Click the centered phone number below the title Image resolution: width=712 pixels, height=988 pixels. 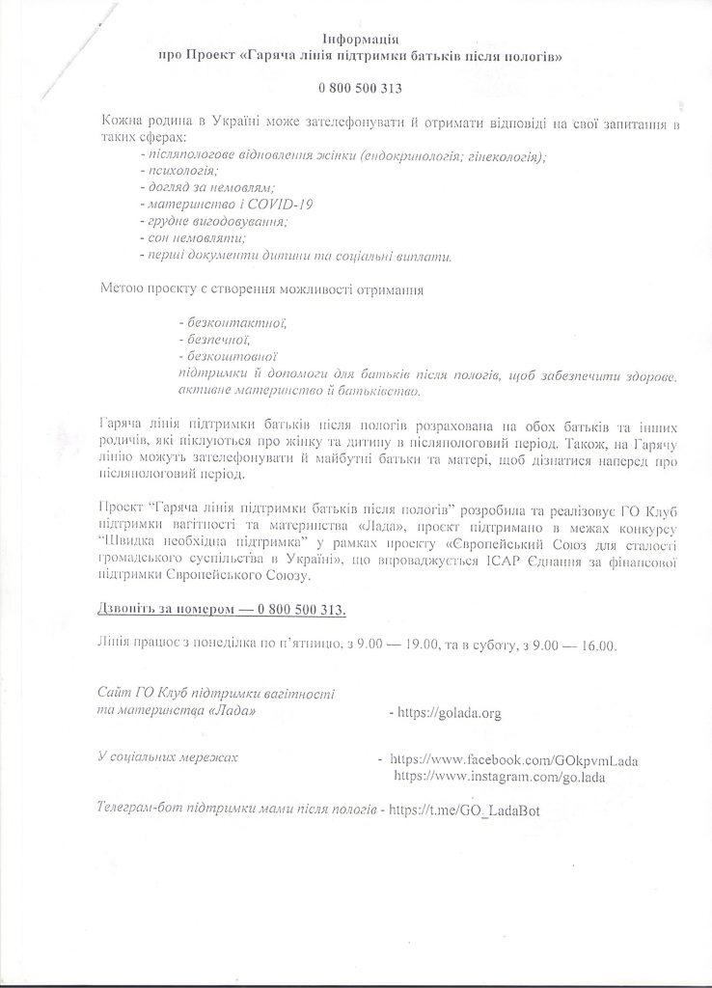click(x=360, y=89)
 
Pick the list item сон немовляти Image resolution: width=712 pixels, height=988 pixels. click(x=191, y=238)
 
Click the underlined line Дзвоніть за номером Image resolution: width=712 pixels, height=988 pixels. click(x=222, y=611)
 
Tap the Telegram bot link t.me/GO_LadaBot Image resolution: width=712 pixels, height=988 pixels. click(x=464, y=810)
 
